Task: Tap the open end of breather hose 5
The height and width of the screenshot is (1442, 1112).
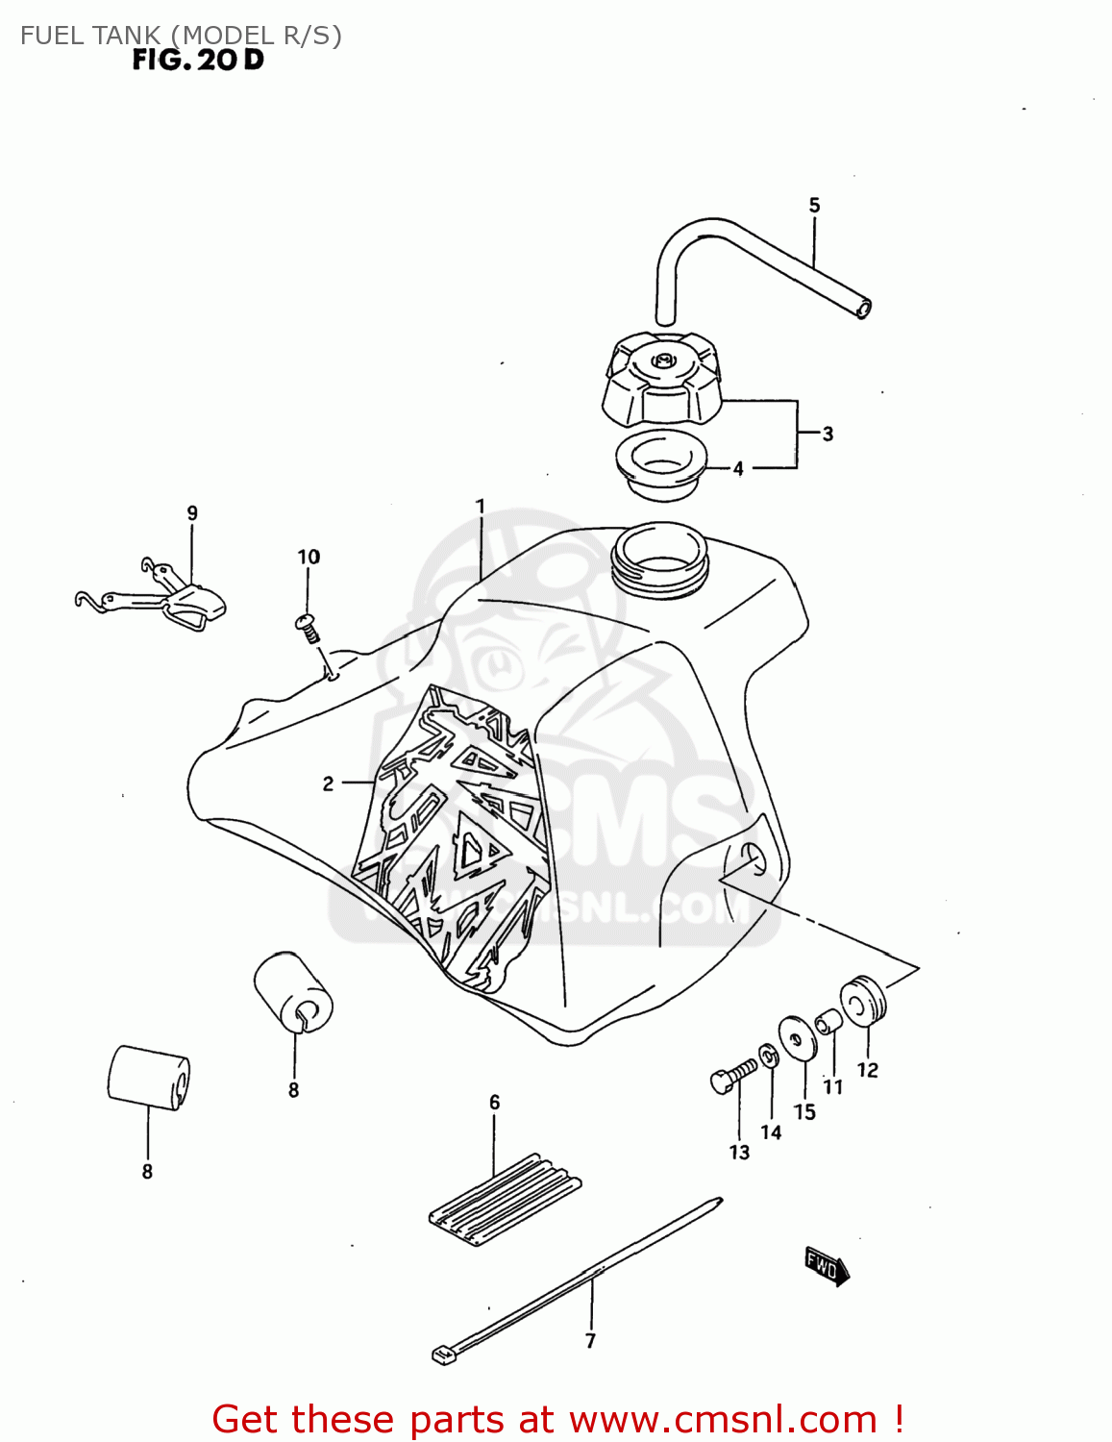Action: pos(863,309)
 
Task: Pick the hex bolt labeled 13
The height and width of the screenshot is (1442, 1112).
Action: pos(732,1076)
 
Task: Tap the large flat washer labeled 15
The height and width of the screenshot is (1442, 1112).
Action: pos(797,1039)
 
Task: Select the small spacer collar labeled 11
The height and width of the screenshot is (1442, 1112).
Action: pos(828,1020)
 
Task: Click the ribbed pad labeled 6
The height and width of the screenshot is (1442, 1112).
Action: pos(505,1198)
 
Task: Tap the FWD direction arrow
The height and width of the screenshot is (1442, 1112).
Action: pos(826,1266)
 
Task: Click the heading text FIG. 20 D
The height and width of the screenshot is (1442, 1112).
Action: pos(198,60)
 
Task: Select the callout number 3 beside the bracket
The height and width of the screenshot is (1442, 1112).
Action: pos(828,434)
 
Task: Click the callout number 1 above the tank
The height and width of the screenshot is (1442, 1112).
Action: pos(480,506)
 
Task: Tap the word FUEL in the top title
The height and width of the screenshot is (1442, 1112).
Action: pos(54,36)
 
